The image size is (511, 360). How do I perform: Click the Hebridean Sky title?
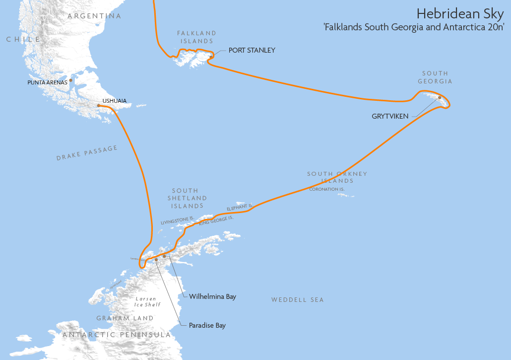[460, 13]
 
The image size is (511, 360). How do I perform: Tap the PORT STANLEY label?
[252, 50]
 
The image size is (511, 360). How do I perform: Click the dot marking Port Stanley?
[211, 57]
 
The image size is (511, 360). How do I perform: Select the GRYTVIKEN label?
[390, 116]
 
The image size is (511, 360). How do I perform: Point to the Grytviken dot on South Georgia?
[440, 97]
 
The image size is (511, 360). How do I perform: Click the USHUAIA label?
[114, 101]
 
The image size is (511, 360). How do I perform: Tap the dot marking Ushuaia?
[99, 105]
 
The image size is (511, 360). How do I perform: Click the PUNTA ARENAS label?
[47, 82]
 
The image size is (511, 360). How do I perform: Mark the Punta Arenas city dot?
[71, 80]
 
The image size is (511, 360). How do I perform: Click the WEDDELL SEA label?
[297, 300]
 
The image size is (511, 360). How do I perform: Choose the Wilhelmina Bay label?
[212, 297]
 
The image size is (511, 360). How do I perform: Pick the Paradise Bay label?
[207, 326]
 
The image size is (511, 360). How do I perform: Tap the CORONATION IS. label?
[327, 189]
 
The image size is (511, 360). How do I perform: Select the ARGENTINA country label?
[94, 16]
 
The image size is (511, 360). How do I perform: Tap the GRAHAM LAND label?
[125, 318]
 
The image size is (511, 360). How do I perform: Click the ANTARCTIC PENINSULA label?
[117, 335]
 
